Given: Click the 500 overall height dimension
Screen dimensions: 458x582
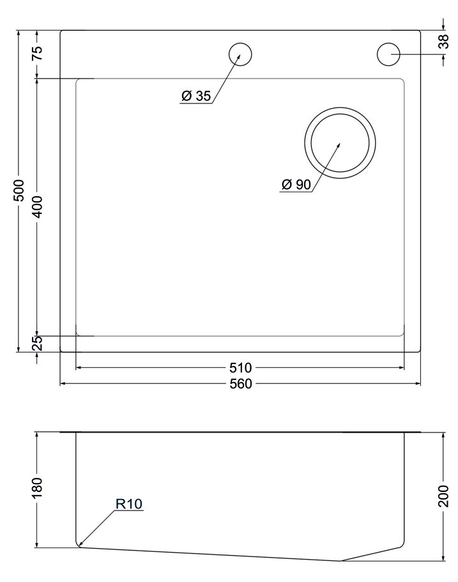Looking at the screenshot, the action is pos(19,190).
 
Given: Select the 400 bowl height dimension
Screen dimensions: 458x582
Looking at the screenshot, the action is pos(38,207).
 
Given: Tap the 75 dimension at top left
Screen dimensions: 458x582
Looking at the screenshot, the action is pos(38,53).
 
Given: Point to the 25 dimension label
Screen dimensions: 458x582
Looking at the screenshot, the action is pos(38,343).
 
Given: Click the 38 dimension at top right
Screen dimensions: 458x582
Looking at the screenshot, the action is pos(443,41).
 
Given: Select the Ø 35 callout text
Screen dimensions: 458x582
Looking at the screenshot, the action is pos(196,96).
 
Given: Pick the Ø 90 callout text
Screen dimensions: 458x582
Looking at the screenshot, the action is pos(296,184).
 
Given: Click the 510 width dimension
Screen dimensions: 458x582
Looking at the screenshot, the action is pos(241,368).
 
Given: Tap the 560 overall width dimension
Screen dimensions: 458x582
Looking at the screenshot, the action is pos(241,383).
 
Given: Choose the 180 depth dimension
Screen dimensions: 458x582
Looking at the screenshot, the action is pos(38,487).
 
